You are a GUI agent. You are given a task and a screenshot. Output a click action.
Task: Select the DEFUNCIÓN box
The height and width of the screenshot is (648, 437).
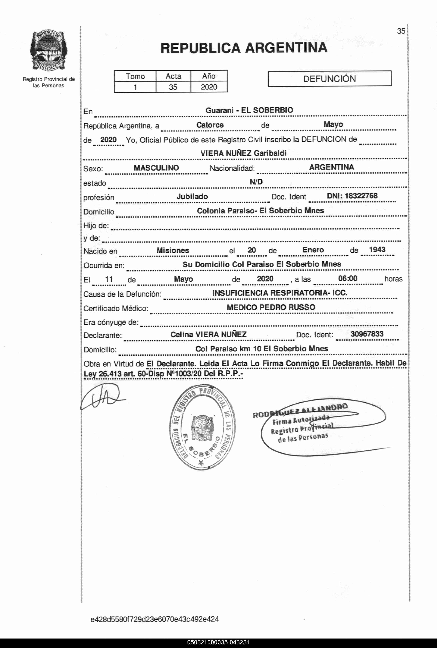329,79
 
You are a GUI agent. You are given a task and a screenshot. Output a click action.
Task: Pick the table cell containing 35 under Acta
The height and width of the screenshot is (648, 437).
173,87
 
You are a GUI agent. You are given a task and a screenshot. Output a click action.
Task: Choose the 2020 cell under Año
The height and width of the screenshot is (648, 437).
209,87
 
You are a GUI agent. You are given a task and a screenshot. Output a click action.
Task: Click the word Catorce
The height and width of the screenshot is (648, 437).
210,125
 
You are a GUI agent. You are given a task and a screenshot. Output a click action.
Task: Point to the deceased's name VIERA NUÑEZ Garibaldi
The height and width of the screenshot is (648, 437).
243,153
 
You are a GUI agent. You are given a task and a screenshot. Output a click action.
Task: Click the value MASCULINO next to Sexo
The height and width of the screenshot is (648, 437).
156,168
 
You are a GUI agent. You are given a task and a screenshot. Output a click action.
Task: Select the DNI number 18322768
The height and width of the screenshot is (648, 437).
361,196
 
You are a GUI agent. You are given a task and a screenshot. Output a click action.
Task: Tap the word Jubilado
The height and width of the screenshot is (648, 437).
192,197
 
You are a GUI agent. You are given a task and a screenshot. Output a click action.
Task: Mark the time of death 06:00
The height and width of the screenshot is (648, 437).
348,278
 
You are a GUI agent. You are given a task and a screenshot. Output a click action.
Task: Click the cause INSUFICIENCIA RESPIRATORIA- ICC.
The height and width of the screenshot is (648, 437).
280,293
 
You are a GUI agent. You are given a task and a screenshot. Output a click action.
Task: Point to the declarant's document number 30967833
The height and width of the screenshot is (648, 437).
367,334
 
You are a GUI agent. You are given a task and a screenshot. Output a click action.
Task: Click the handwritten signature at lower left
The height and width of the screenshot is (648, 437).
102,397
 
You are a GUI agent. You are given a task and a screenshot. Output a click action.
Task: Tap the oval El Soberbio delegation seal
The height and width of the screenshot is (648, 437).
202,427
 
